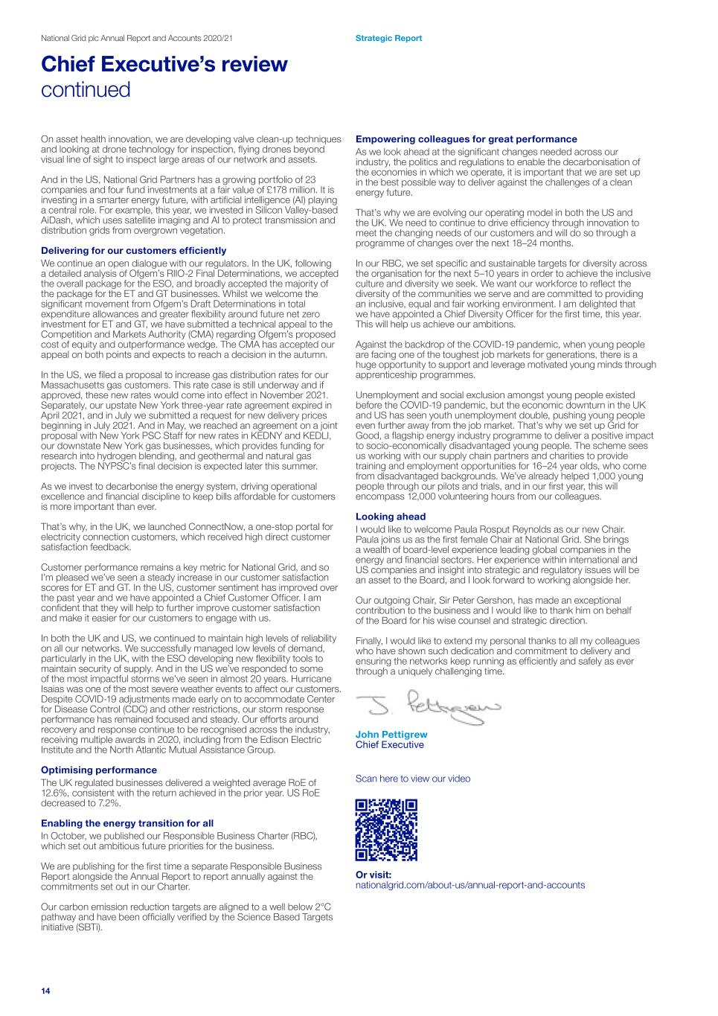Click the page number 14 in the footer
(45, 991)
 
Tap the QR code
(386, 830)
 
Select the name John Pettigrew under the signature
(391, 735)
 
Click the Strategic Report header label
(388, 38)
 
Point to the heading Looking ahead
(391, 517)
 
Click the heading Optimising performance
(99, 770)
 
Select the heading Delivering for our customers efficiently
(133, 251)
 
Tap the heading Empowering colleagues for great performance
(466, 139)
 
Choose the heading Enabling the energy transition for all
(127, 823)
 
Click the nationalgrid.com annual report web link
(470, 885)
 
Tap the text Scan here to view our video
(413, 779)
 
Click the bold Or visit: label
(374, 875)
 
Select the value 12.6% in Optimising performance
(54, 793)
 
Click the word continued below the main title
(86, 90)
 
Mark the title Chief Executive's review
(164, 64)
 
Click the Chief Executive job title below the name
(390, 745)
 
